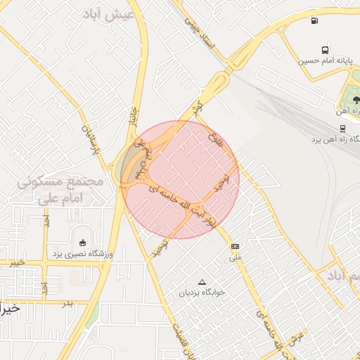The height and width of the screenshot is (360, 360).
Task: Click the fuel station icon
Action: (314, 20)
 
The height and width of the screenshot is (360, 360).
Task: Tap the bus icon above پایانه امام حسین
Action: (324, 50)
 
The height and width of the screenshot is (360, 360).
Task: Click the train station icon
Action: (342, 129)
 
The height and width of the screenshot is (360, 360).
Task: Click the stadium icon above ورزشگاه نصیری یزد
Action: (83, 243)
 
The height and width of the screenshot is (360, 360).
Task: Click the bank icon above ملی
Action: (235, 246)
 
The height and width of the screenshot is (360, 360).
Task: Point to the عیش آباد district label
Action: (108, 15)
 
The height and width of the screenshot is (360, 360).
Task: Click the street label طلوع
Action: (215, 139)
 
